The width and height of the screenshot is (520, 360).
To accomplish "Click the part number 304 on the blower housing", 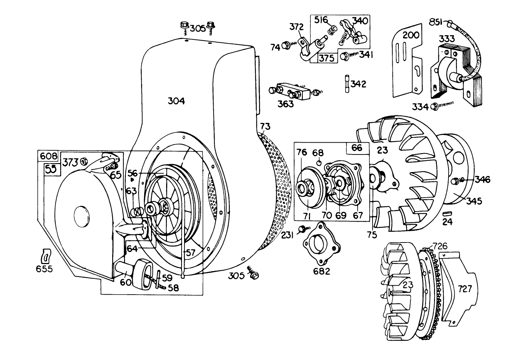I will pyautogui.click(x=176, y=101).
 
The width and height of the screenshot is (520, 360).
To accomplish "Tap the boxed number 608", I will pyautogui.click(x=48, y=156).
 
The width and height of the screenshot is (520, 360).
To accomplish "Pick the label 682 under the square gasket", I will pyautogui.click(x=321, y=271).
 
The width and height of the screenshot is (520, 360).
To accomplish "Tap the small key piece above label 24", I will pyautogui.click(x=447, y=212).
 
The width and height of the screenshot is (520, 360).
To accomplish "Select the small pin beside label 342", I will pyautogui.click(x=347, y=84).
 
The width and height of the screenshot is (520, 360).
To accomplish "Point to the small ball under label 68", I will pyautogui.click(x=319, y=163).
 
